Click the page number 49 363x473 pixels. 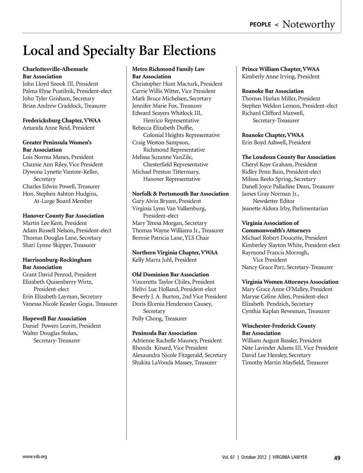(337, 458)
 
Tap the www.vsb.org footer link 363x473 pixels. (35, 457)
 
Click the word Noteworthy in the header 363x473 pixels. (309, 24)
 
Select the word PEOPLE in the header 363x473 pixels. (260, 24)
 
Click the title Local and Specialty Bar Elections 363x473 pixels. (119, 51)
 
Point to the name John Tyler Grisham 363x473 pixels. (47, 99)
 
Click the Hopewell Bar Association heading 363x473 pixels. (54, 318)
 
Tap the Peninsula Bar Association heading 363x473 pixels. (164, 333)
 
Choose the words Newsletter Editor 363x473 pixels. (273, 201)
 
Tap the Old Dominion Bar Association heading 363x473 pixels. (171, 275)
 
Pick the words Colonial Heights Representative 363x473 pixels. (181, 135)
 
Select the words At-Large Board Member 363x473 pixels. (63, 201)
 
